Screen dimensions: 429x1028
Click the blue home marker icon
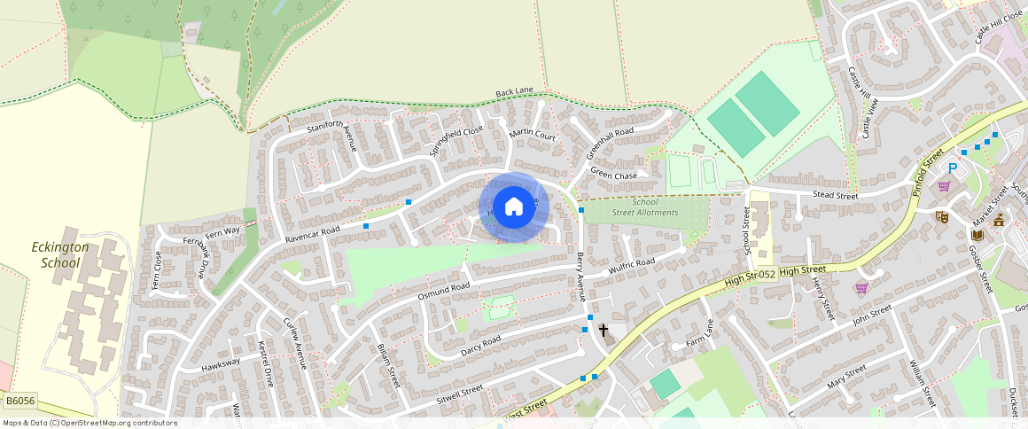pos(514,207)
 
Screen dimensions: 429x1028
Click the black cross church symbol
pos(604,331)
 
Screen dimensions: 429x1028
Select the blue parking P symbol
pos(954,168)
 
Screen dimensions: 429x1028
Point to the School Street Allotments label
pos(644,207)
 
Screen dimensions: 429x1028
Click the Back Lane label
pos(514,92)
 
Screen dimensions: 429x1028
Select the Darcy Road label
pos(480,346)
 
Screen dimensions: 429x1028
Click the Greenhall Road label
pos(610,144)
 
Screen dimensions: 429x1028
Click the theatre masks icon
pos(942,215)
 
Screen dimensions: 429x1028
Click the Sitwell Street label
pos(460,390)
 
